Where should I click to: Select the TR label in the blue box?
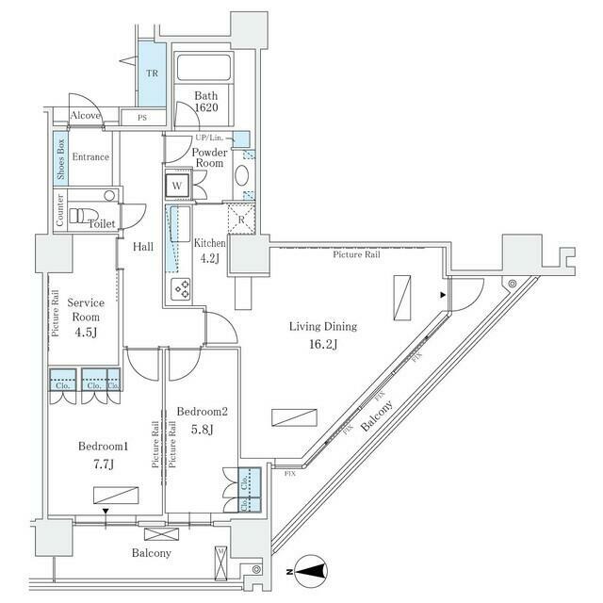pos(152,73)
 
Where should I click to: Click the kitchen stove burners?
pos(179,287)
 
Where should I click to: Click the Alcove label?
pos(85,116)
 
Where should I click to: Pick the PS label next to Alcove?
pos(143,118)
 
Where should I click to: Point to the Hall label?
pos(143,246)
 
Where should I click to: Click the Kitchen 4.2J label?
pos(210,251)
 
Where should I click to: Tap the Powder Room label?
pos(207,157)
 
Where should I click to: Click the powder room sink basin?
pos(241,176)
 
